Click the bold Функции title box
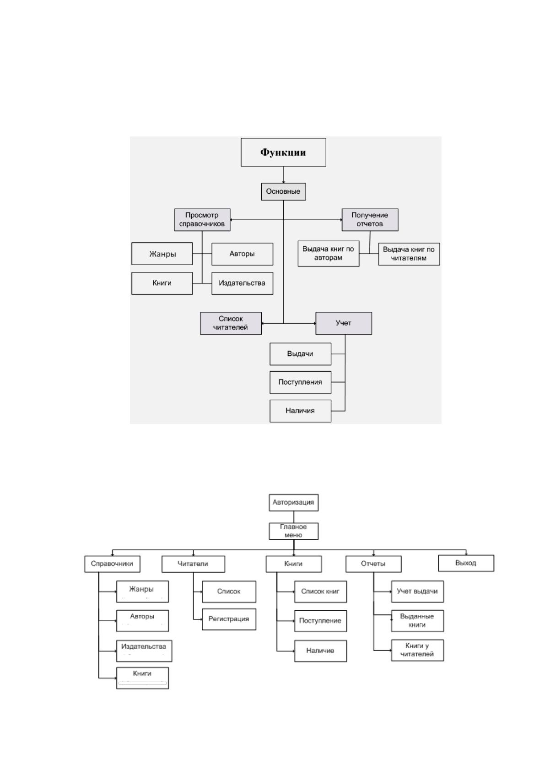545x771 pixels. pyautogui.click(x=283, y=152)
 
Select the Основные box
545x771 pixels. pyautogui.click(x=283, y=191)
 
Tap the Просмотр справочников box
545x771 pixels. pyautogui.click(x=202, y=220)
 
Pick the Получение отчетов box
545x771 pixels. pyautogui.click(x=370, y=220)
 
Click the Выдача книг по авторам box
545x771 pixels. pyautogui.click(x=328, y=254)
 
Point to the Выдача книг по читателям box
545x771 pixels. pyautogui.click(x=409, y=254)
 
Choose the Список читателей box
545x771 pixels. pyautogui.click(x=231, y=323)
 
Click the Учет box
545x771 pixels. pyautogui.click(x=343, y=323)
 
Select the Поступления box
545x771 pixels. pyautogui.click(x=300, y=382)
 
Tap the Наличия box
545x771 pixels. pyautogui.click(x=300, y=411)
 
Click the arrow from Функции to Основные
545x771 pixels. pyautogui.click(x=284, y=175)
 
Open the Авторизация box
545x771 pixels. pyautogui.click(x=293, y=503)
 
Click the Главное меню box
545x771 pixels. pyautogui.click(x=293, y=531)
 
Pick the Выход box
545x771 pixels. pyautogui.click(x=466, y=563)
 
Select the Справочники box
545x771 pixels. pyautogui.click(x=112, y=564)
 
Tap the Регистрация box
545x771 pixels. pyautogui.click(x=229, y=619)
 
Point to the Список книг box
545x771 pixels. pyautogui.click(x=320, y=592)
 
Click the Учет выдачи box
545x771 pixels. pyautogui.click(x=417, y=592)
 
